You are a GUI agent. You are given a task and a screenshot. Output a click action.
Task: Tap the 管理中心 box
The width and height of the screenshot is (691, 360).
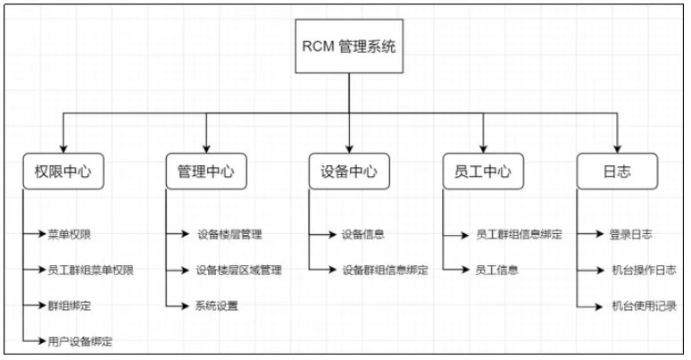pos(205,172)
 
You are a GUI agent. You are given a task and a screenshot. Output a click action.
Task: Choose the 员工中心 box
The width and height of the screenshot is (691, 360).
pos(482,172)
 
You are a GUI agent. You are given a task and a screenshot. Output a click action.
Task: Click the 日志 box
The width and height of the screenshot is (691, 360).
pos(617,172)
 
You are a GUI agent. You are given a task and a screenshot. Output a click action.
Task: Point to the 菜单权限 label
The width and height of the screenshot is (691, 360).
pos(69,235)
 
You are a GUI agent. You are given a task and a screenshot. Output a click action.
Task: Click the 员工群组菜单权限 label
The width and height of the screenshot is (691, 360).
pos(91,270)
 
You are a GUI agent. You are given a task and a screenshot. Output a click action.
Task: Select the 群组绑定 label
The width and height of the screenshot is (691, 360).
pos(69,306)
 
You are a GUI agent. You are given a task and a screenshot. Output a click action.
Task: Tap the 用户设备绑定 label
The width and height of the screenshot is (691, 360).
pos(80,341)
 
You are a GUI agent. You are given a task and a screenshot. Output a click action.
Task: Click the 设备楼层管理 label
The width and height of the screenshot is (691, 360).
pos(229,235)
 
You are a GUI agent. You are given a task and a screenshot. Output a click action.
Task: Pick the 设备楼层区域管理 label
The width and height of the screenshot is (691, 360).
pos(238,270)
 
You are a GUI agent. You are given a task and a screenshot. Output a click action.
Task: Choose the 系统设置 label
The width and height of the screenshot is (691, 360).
pos(216,306)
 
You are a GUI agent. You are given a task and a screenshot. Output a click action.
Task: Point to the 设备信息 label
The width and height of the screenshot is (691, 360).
pos(362,235)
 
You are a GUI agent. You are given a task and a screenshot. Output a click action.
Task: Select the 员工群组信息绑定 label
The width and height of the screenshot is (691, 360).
pos(519,235)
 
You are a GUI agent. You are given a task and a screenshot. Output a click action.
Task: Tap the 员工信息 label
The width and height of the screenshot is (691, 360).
pos(497,270)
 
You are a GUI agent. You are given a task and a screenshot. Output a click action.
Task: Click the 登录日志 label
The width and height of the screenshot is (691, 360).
pos(631,235)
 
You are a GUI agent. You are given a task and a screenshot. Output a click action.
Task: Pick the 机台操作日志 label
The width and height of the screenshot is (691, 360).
pos(643,270)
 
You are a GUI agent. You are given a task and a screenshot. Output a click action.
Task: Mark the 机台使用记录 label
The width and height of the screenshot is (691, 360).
pos(643,306)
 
